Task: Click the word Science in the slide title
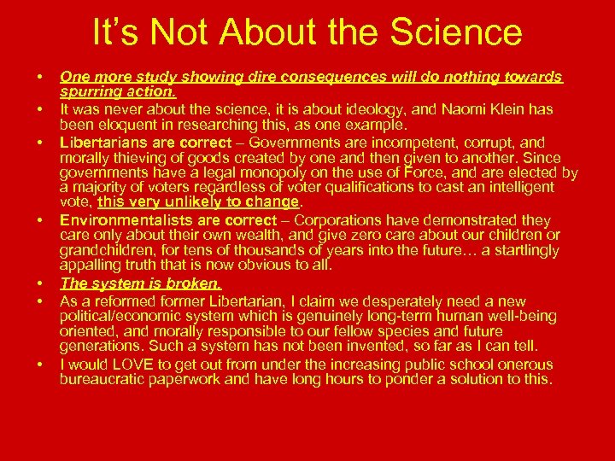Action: [458, 32]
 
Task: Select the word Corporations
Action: [339, 220]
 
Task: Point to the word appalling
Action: [90, 266]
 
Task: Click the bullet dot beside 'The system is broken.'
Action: [41, 283]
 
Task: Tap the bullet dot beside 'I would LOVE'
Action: [41, 365]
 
